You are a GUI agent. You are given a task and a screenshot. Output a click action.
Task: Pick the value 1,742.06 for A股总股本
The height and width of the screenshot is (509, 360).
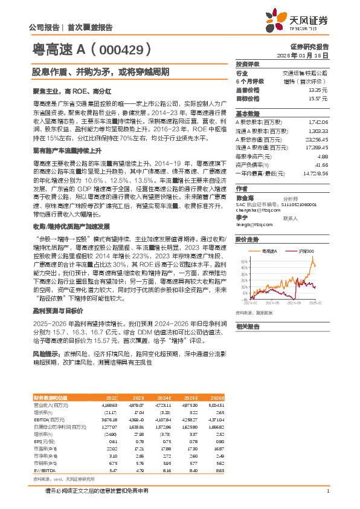pyautogui.click(x=318, y=122)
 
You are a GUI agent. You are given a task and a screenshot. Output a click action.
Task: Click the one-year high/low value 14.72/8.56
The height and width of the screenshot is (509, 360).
pyautogui.click(x=316, y=173)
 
